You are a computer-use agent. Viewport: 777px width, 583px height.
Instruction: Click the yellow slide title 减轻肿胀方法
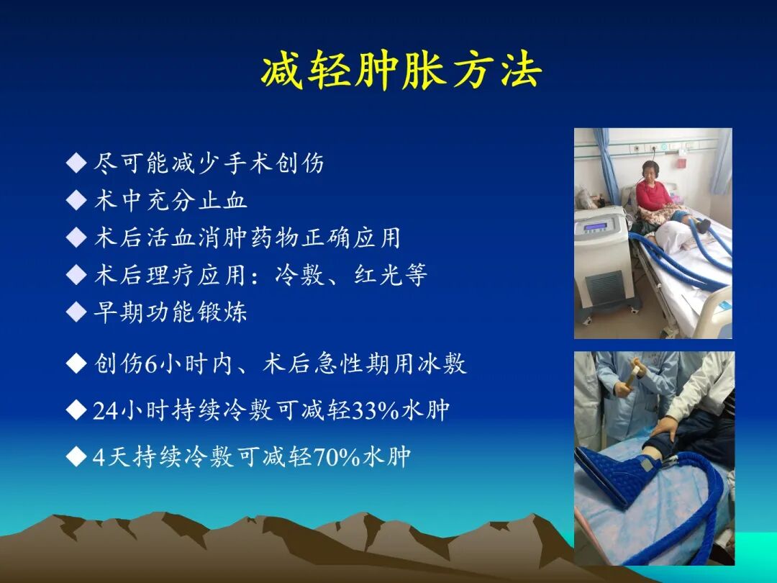(x=401, y=72)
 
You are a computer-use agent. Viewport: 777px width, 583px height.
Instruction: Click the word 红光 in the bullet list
(x=378, y=275)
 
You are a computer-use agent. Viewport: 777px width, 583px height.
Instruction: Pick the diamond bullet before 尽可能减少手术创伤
(x=76, y=163)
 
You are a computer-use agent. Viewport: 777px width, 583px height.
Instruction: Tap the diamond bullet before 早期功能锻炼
(x=76, y=312)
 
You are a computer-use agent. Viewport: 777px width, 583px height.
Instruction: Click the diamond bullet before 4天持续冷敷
(x=76, y=456)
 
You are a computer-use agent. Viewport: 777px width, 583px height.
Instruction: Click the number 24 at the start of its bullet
(x=105, y=411)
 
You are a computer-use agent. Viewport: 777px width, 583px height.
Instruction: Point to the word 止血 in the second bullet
(x=223, y=200)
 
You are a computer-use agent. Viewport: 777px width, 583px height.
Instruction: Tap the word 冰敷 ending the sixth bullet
(x=442, y=364)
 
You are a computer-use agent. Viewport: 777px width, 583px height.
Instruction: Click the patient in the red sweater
(x=655, y=191)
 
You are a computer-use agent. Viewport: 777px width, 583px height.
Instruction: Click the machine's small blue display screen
(x=596, y=227)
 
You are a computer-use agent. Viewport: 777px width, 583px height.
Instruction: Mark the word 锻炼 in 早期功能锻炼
(x=223, y=312)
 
